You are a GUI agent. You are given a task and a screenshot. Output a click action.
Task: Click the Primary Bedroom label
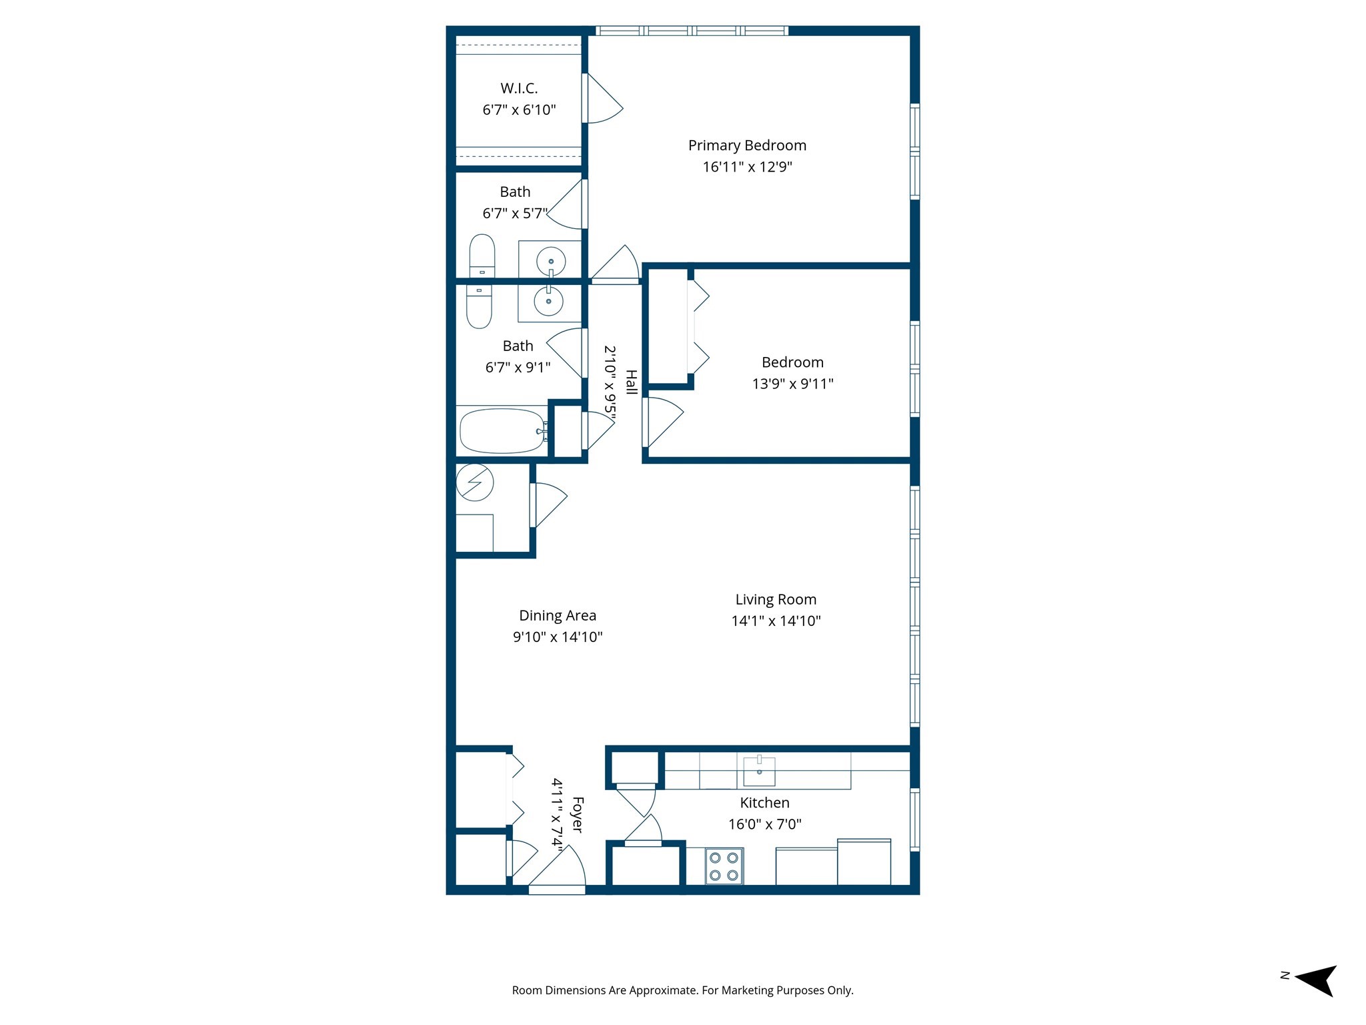click(x=747, y=145)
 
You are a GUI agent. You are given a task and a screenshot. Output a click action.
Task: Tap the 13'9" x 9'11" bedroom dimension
click(x=792, y=384)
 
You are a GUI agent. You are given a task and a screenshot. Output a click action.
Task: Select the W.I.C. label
click(x=519, y=88)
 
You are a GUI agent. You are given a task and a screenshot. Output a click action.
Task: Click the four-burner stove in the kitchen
click(x=724, y=866)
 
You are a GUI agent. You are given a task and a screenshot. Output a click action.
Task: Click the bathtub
click(x=502, y=431)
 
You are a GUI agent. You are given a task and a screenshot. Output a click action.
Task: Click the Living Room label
click(x=776, y=599)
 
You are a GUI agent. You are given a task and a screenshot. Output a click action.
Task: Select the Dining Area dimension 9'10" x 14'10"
click(x=558, y=637)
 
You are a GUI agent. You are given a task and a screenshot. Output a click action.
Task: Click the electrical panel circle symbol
click(x=475, y=482)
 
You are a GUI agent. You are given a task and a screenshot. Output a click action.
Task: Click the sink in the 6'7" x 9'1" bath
click(x=548, y=302)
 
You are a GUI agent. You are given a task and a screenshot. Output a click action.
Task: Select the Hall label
click(x=631, y=382)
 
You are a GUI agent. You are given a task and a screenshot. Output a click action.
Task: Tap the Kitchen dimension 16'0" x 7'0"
click(x=764, y=824)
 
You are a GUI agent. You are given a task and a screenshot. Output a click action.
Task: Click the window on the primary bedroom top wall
click(x=691, y=31)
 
